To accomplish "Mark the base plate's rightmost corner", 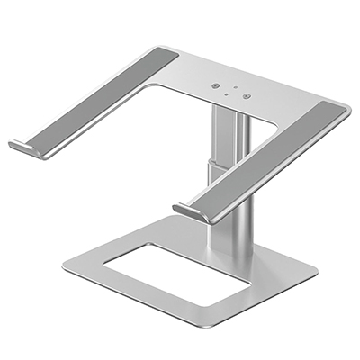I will click(x=317, y=270).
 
